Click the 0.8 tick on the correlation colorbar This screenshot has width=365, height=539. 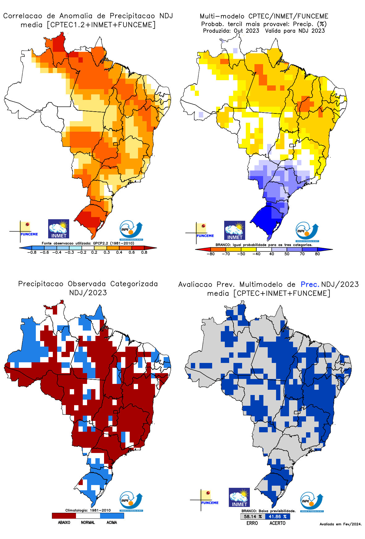coord(144,252)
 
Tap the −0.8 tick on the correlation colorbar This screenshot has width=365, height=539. coord(32,252)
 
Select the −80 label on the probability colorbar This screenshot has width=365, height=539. coord(211,254)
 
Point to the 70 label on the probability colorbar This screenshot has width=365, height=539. coord(302,254)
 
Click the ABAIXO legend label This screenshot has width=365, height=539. coord(64,522)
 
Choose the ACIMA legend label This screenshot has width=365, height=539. coord(112,522)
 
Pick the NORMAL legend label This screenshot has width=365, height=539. coord(88,522)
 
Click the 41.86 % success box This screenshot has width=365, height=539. coord(278,516)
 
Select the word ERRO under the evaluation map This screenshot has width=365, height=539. coord(252,523)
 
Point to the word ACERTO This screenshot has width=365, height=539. coord(277,523)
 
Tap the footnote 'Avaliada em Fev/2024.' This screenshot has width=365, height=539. coord(340,524)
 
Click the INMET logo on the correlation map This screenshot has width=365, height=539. coord(59,229)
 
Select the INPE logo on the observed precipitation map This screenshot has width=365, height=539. coord(131,501)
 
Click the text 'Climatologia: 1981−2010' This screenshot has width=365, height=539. coord(88,510)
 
